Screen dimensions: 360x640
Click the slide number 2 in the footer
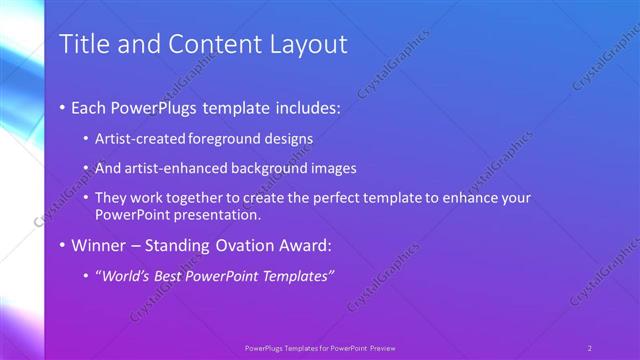(590, 347)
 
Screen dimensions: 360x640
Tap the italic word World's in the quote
(126, 275)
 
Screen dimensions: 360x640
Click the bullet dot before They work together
(87, 198)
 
